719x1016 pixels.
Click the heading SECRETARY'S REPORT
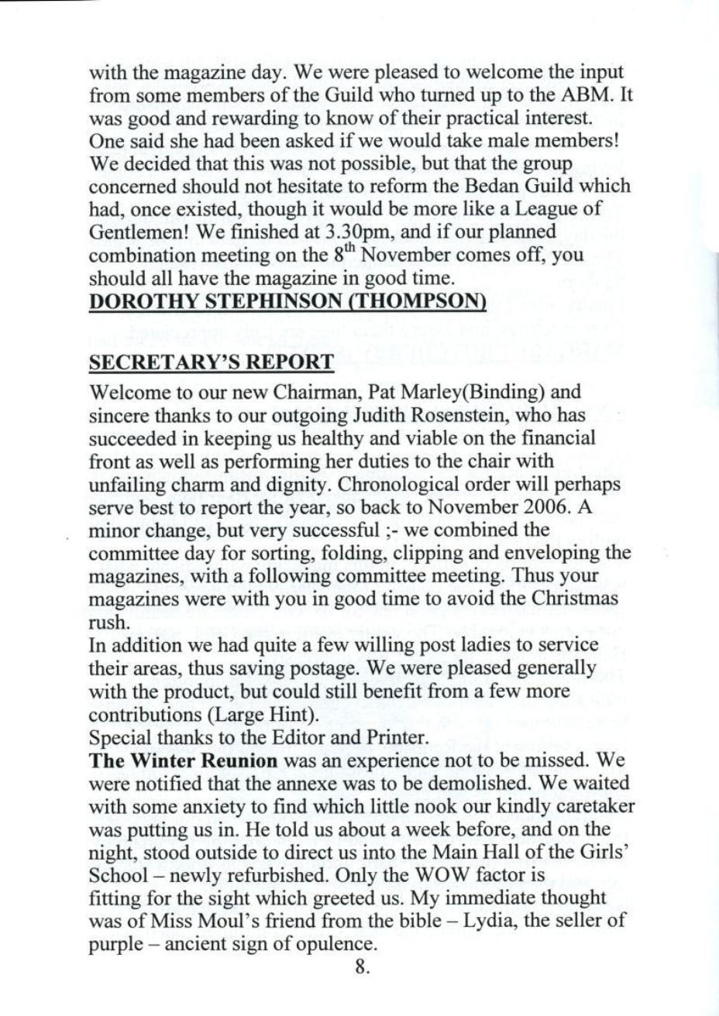pos(212,362)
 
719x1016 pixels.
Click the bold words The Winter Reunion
pos(184,760)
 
